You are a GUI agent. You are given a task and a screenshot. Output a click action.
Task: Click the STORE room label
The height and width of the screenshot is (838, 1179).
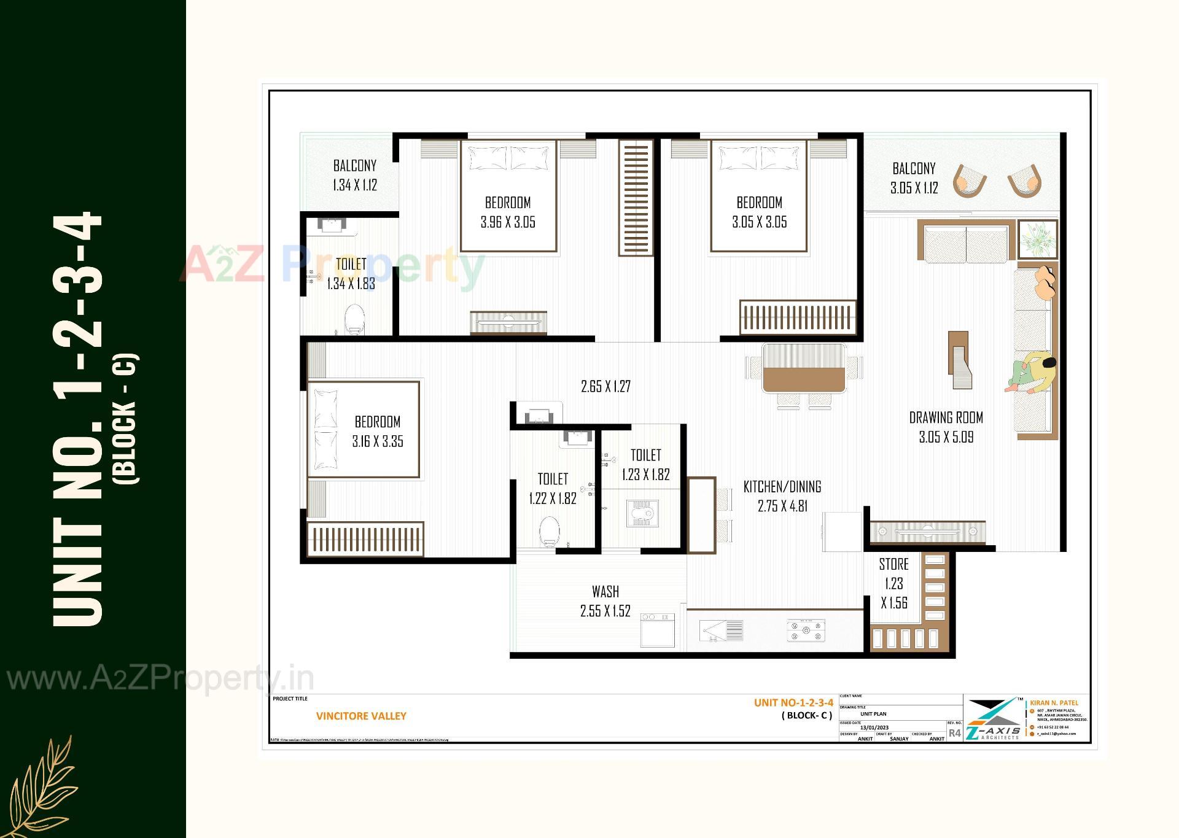(893, 564)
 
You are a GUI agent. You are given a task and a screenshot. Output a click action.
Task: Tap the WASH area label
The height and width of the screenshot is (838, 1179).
(605, 592)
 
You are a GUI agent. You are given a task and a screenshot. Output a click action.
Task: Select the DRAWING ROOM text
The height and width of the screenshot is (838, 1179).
(946, 418)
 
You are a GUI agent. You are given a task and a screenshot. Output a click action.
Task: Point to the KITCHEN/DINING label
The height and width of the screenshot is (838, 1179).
(782, 487)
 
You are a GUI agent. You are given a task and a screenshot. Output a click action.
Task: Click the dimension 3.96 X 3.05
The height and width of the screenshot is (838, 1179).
(508, 222)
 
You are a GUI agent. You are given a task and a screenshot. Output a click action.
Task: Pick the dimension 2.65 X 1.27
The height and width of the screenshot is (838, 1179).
(605, 387)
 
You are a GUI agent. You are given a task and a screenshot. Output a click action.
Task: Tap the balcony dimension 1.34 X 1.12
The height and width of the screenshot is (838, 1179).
(354, 185)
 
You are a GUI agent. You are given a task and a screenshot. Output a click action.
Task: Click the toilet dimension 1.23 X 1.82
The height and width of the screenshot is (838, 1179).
(645, 475)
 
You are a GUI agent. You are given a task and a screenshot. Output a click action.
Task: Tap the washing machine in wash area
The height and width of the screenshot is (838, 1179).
(657, 630)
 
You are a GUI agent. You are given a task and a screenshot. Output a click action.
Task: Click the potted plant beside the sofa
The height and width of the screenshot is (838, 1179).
(1038, 240)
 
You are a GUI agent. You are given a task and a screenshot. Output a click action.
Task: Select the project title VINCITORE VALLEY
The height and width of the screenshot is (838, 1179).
(361, 716)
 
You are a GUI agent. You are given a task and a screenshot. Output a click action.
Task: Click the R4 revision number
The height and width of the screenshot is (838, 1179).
(954, 733)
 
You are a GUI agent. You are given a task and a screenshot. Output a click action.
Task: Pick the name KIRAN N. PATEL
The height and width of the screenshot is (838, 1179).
(1054, 703)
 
